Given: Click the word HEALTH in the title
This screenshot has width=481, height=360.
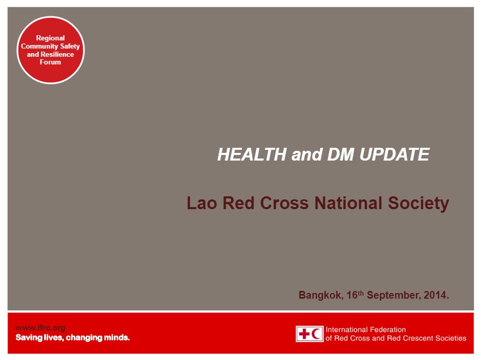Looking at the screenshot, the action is coord(252,154).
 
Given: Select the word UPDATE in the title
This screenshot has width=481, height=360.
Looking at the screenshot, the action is coord(394,154).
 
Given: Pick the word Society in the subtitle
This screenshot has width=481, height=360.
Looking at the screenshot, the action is coord(419,204).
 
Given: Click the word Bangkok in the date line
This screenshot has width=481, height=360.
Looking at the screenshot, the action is coord(320,295).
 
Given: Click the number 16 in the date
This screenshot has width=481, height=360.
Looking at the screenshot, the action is coord(352,295).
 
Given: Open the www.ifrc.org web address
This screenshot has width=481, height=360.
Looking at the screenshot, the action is coord(40,328).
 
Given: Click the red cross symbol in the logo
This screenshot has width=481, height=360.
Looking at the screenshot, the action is coord(304,333).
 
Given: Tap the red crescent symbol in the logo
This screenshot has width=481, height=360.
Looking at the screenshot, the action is coord(316,333).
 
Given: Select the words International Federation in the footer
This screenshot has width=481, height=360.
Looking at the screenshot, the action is coord(366,330).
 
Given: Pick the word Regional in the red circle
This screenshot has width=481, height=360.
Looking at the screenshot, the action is coord(50,38).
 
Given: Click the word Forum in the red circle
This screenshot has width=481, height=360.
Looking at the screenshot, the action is coord(50,62).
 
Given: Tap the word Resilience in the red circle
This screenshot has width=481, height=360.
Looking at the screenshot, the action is coord(57,54).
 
